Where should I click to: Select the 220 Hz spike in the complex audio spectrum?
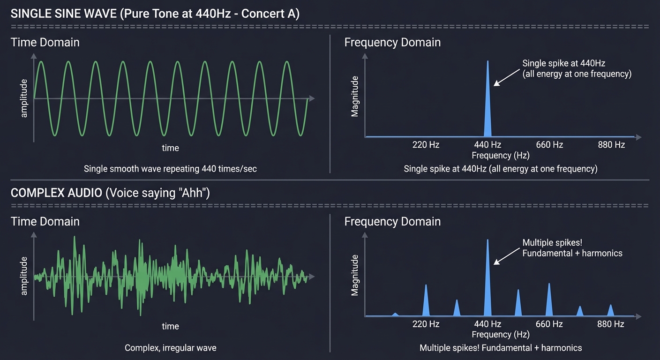[426, 302]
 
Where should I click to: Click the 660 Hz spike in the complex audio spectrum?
[549, 302]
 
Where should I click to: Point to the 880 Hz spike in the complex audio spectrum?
[611, 311]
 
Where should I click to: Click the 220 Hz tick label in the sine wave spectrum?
[426, 144]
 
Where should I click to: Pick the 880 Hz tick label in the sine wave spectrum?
[611, 144]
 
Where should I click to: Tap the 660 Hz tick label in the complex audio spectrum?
[549, 324]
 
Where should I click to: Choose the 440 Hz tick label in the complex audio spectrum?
[487, 324]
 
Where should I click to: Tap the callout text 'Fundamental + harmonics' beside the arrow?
[572, 253]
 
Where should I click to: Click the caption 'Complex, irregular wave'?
[170, 348]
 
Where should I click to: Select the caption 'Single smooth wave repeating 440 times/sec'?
[170, 169]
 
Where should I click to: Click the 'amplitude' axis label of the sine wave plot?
[24, 98]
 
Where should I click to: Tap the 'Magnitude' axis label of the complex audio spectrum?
[355, 275]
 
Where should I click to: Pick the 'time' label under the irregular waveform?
[170, 326]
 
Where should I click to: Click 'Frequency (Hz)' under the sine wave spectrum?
[500, 155]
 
